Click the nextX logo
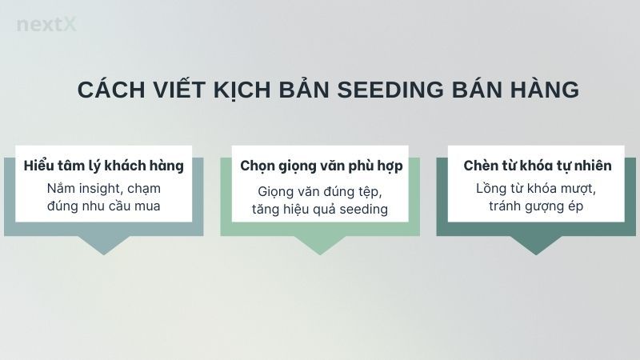[x=46, y=25]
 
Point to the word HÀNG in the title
[x=544, y=90]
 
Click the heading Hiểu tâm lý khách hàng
[x=104, y=166]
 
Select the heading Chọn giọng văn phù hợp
[x=321, y=166]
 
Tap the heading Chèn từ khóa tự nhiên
[x=538, y=166]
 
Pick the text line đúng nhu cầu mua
[x=104, y=207]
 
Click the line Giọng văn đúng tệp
[x=321, y=192]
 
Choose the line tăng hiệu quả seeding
[x=321, y=210]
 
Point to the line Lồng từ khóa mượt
[x=537, y=190]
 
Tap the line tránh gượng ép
[x=537, y=207]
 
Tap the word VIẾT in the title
[x=170, y=90]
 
